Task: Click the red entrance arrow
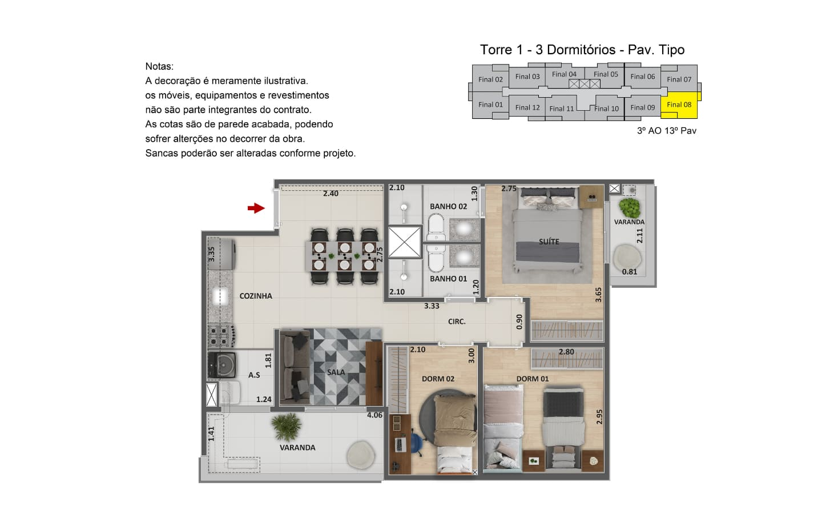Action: (x=256, y=208)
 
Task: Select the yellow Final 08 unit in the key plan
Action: (x=680, y=105)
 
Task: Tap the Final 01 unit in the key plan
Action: (x=490, y=105)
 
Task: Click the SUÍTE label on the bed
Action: (x=549, y=242)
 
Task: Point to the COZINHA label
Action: (x=256, y=296)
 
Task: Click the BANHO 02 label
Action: (x=449, y=206)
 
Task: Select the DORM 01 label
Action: (x=533, y=379)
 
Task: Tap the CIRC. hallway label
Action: (x=457, y=322)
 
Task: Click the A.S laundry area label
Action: (x=254, y=375)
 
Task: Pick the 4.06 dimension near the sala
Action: (x=374, y=415)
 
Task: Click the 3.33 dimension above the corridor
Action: (x=432, y=306)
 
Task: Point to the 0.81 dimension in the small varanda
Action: (x=629, y=272)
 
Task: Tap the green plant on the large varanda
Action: (x=287, y=427)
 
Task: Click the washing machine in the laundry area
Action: (x=222, y=364)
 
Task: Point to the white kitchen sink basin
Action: (x=220, y=296)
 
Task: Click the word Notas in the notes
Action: (x=159, y=66)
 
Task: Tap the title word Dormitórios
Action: (x=581, y=50)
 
